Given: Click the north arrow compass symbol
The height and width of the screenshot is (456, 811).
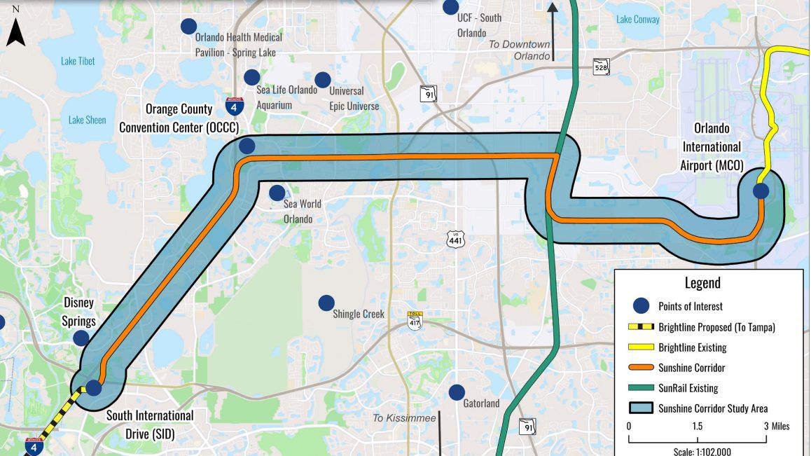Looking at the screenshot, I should coord(16,29).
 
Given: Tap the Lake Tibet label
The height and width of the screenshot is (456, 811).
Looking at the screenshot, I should coord(78,61).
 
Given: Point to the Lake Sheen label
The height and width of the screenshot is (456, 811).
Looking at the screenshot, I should coord(87,120).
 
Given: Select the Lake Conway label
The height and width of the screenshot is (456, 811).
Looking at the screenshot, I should coord(638,20).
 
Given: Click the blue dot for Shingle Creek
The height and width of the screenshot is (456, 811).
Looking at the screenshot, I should coord(326,303).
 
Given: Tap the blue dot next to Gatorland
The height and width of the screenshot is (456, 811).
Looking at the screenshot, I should coord(457,392).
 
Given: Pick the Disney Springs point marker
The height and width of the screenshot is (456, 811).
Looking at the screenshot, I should coord(81,338).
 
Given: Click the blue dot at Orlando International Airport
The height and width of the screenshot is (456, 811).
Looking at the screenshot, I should coord(761,191).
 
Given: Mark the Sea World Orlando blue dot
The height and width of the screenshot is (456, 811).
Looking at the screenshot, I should coord(277,193).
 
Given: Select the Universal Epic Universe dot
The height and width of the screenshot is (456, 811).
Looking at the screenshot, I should coord(322,80).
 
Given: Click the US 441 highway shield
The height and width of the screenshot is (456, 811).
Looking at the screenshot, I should coord(455,240).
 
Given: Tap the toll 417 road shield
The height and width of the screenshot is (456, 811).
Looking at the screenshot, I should coord(415,320).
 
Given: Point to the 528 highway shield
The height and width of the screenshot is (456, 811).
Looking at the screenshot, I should coord(601,67).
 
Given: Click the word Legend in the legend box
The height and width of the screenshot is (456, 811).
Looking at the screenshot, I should coord(702,283).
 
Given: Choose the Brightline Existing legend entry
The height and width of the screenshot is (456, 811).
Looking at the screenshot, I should coord(693,347).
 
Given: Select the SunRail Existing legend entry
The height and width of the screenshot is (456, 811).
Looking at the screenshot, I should coord(688,388).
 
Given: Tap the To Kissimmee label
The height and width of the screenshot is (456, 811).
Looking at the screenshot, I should coord(404,418).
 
